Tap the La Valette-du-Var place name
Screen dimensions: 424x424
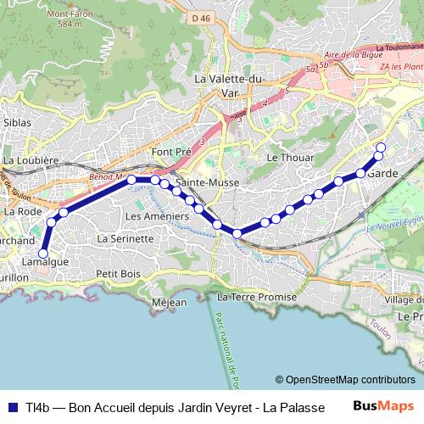(230, 85)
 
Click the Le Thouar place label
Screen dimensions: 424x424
(290, 158)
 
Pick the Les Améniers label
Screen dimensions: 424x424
(156, 216)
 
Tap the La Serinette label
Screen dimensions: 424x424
(126, 239)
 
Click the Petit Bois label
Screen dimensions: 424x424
(118, 274)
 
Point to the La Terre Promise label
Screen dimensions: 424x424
(257, 298)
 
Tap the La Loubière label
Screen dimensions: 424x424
(31, 159)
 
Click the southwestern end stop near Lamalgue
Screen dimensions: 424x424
(42, 253)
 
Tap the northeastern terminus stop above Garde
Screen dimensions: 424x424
(380, 148)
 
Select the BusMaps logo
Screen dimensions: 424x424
(383, 406)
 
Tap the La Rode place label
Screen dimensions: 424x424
(23, 211)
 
